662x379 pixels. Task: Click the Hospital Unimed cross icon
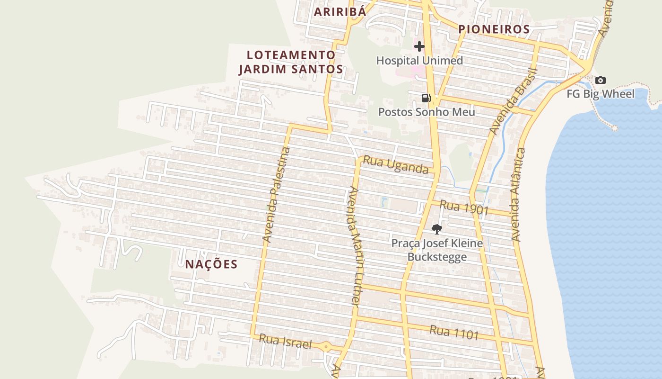pyautogui.click(x=419, y=46)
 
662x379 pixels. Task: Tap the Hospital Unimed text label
pyautogui.click(x=419, y=61)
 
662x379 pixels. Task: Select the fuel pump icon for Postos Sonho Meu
pyautogui.click(x=426, y=98)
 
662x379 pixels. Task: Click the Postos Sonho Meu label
pyautogui.click(x=427, y=112)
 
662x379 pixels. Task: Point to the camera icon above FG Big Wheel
pyautogui.click(x=600, y=80)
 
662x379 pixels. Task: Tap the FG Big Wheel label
pyautogui.click(x=601, y=94)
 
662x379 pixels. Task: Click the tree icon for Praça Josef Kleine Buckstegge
pyautogui.click(x=437, y=229)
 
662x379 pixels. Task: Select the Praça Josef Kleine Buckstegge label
pyautogui.click(x=437, y=250)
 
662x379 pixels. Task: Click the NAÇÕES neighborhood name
pyautogui.click(x=211, y=264)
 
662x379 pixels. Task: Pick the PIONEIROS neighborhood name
pyautogui.click(x=494, y=29)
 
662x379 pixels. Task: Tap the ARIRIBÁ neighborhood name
pyautogui.click(x=340, y=12)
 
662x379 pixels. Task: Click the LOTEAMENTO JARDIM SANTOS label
pyautogui.click(x=291, y=62)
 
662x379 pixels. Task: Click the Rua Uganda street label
pyautogui.click(x=395, y=165)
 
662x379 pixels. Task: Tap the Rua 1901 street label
pyautogui.click(x=463, y=208)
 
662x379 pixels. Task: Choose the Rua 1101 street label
pyautogui.click(x=454, y=333)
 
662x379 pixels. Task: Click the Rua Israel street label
pyautogui.click(x=286, y=342)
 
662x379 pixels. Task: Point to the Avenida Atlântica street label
pyautogui.click(x=518, y=195)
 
